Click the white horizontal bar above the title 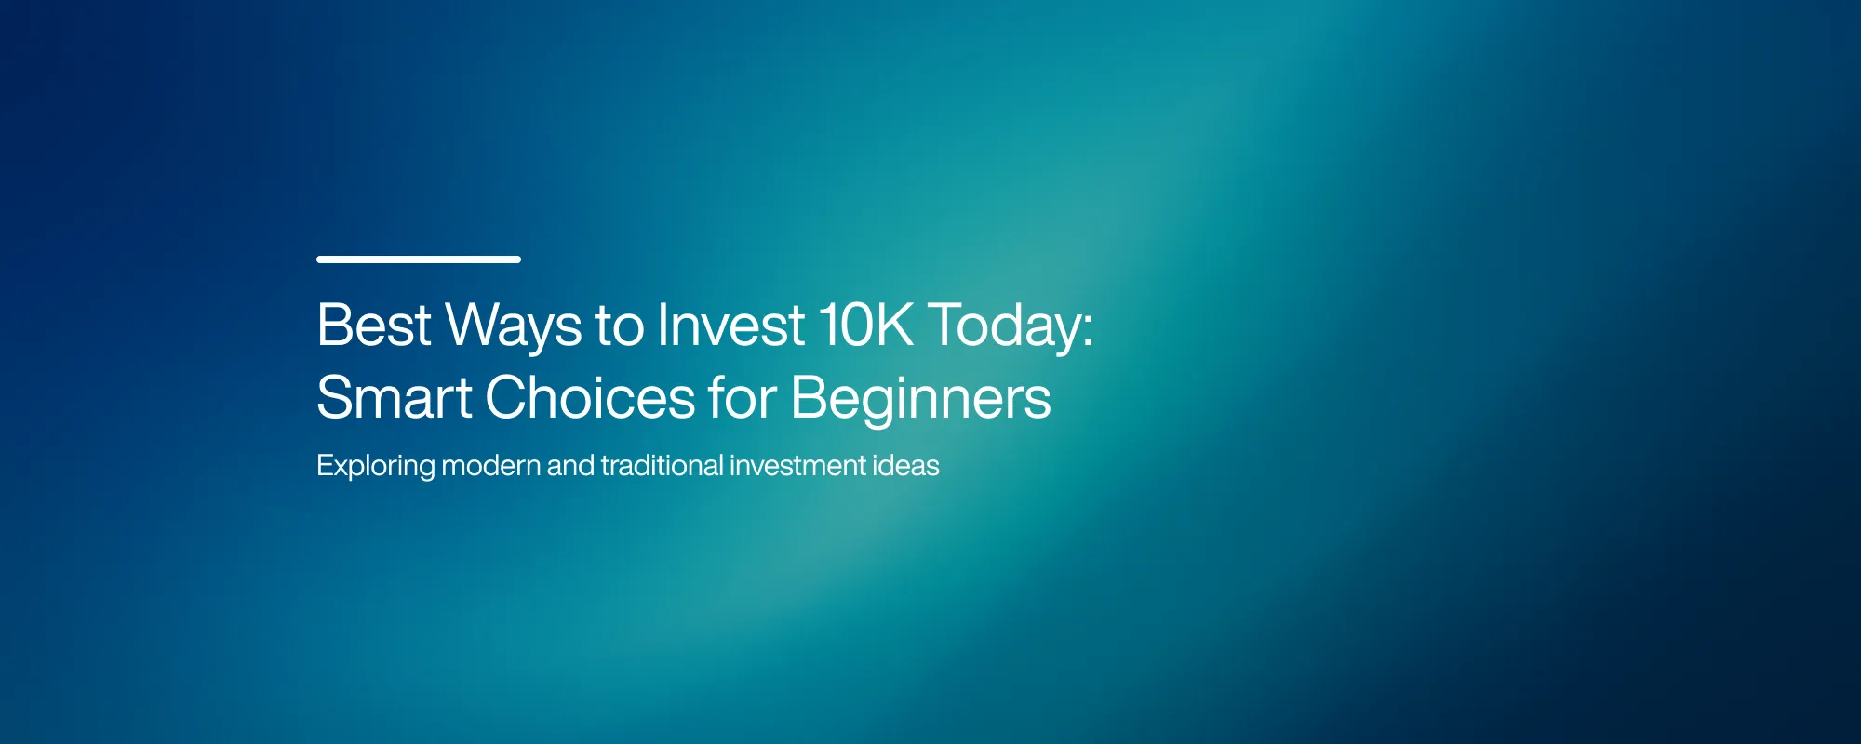coord(418,259)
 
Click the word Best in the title coord(373,325)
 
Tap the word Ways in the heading coord(514,327)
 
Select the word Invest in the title coord(730,325)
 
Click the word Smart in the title coord(395,398)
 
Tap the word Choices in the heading coord(590,398)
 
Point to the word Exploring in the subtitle coord(375,466)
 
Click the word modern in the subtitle coord(490,465)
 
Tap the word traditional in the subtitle coord(662,465)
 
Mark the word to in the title coord(619,327)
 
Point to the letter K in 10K coord(893,325)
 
